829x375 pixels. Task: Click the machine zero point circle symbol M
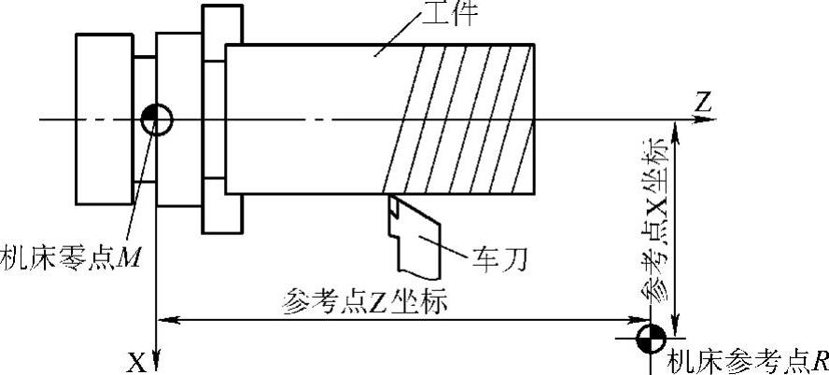tap(156, 118)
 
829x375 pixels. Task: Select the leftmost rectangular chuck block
tap(104, 118)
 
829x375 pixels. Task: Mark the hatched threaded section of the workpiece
tap(467, 119)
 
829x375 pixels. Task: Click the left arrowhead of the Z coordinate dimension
tap(166, 320)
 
